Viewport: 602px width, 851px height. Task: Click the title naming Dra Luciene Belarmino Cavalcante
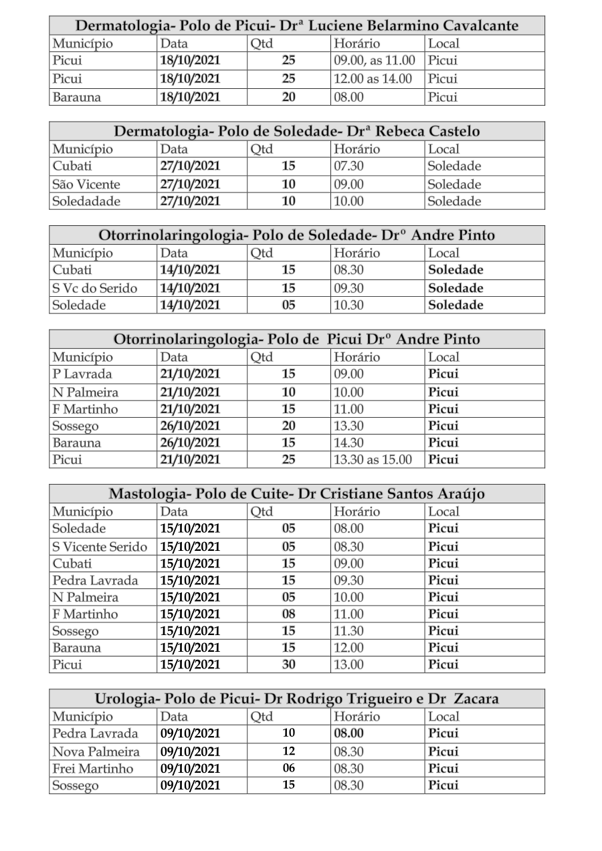[x=296, y=26]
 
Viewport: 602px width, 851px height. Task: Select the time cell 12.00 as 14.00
[x=373, y=79]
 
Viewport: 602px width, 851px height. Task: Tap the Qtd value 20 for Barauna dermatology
[x=288, y=97]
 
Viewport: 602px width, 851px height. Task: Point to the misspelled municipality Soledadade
[x=86, y=201]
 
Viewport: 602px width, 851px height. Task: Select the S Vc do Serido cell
[x=95, y=288]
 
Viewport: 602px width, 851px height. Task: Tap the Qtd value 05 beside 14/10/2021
[x=288, y=305]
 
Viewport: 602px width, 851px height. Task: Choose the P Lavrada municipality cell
[x=82, y=374]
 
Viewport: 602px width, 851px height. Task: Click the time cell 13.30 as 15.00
[x=373, y=460]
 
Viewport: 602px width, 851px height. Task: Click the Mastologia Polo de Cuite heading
[x=296, y=494]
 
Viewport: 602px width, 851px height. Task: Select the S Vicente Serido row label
[x=100, y=547]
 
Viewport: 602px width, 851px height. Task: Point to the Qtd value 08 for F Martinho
[x=288, y=614]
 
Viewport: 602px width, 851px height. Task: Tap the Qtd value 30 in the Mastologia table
[x=288, y=664]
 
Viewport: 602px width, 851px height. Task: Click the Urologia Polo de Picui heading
[x=296, y=699]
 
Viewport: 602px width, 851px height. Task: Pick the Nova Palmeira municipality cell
[x=96, y=751]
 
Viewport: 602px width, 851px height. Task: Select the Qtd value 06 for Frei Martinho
[x=288, y=768]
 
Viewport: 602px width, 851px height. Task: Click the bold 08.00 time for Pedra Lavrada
[x=348, y=733]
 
